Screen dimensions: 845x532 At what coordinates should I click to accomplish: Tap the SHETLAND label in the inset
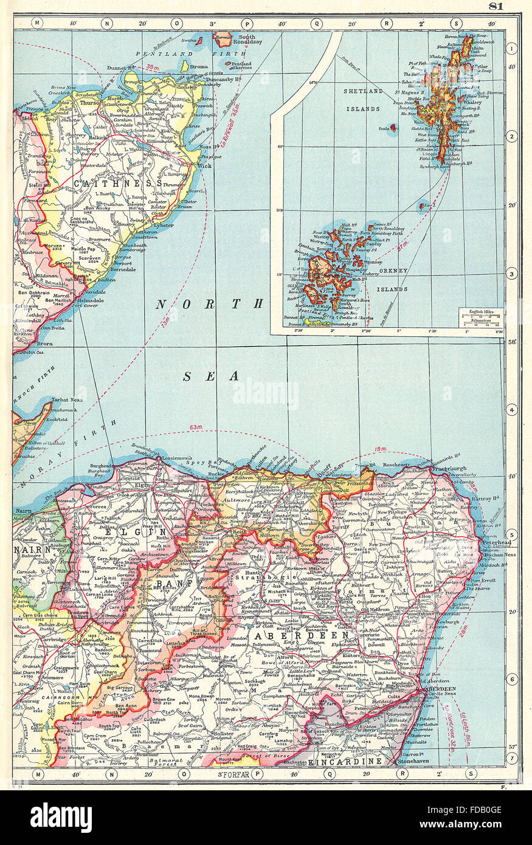coord(365,91)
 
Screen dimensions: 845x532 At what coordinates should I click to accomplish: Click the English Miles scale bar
coord(480,319)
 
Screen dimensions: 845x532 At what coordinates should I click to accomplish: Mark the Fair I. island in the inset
coord(423,207)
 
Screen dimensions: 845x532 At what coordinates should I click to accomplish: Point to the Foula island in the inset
coord(392,128)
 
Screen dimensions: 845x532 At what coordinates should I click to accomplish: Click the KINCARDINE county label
coord(345,761)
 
